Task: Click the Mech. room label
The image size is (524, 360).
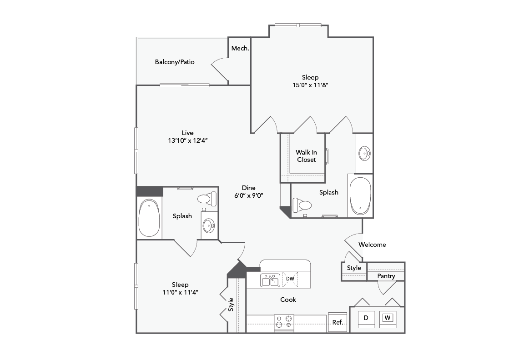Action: point(240,48)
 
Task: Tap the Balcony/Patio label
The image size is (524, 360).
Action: point(175,62)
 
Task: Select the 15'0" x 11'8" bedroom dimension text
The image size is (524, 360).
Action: point(310,85)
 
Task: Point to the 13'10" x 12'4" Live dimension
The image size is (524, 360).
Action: point(188,140)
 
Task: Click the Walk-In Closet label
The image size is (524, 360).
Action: point(306,156)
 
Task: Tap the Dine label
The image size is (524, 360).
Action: point(248,188)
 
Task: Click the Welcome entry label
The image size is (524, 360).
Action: point(372,245)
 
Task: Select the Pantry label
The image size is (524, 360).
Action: point(386,276)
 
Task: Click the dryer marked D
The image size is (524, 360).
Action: point(366,318)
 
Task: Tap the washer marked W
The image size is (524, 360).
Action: point(388,318)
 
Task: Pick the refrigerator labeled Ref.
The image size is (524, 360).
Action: point(338,323)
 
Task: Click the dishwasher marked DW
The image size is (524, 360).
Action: point(290,279)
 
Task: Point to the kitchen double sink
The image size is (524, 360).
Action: point(270,280)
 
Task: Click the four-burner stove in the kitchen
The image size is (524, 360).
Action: point(284,323)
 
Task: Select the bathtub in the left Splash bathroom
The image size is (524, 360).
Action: point(149,218)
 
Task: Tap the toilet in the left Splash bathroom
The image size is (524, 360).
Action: point(207,199)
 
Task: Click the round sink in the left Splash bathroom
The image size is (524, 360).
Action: point(209,225)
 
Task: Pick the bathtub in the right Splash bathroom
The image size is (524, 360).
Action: point(360,196)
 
